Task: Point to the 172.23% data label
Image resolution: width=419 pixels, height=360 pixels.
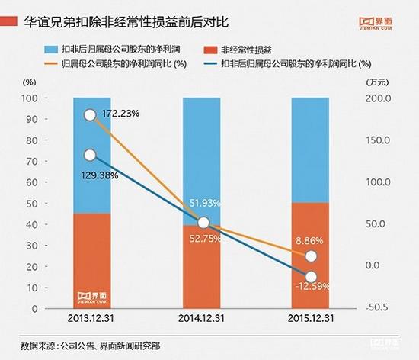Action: (120, 114)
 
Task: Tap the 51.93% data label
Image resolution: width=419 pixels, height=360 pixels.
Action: (205, 203)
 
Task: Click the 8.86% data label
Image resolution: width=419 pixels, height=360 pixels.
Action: (312, 239)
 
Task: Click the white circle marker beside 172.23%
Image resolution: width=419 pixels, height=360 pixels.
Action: (90, 115)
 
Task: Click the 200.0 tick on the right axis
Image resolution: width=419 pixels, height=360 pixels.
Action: (379, 98)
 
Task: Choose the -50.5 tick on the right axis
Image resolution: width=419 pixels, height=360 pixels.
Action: (379, 307)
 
